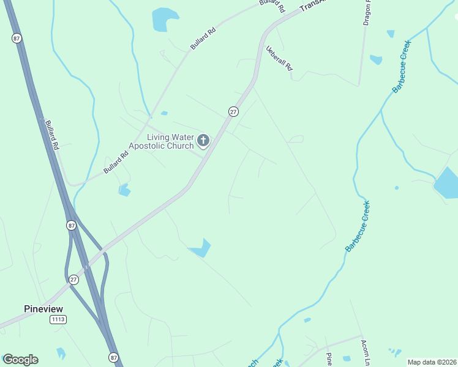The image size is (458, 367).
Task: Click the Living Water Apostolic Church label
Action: tap(162, 141)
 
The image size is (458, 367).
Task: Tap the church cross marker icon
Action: tap(203, 141)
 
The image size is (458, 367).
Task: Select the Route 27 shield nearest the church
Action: tap(233, 111)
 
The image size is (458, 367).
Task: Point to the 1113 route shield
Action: tap(58, 319)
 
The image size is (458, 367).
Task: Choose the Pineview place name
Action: tap(43, 308)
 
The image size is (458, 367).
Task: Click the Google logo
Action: tap(20, 360)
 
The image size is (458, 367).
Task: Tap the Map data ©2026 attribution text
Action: tap(431, 362)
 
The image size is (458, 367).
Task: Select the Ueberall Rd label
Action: tap(279, 59)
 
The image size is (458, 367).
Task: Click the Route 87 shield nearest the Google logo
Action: tap(114, 357)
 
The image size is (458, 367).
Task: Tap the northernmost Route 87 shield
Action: tap(17, 38)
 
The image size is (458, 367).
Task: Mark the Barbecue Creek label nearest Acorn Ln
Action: tap(358, 226)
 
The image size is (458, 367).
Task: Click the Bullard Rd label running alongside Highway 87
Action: tap(51, 135)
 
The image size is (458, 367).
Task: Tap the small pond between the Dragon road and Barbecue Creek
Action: tap(375, 59)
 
